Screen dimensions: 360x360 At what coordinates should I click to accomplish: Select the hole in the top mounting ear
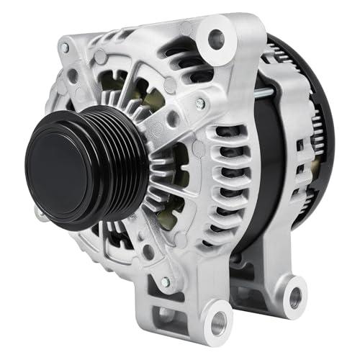coord(214,41)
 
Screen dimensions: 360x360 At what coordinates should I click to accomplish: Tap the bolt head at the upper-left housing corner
coord(65,48)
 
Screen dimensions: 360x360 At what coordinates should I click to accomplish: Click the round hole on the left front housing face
coord(73,76)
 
